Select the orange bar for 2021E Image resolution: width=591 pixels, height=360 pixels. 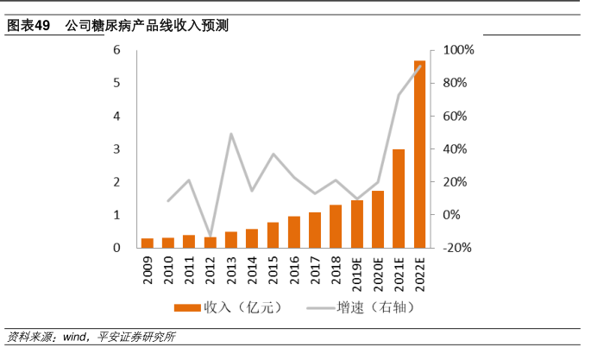[399, 199]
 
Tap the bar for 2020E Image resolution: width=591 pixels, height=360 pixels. [378, 219]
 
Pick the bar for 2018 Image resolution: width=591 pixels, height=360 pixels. [336, 226]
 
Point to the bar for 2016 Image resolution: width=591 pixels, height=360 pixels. [294, 232]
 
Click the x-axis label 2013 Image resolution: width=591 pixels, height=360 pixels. [231, 269]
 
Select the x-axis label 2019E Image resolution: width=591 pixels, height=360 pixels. [357, 273]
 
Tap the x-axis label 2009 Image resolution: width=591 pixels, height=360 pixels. [148, 269]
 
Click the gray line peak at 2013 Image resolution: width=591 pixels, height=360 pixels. [231, 134]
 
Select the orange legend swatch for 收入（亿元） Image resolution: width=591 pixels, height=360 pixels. [186, 307]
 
